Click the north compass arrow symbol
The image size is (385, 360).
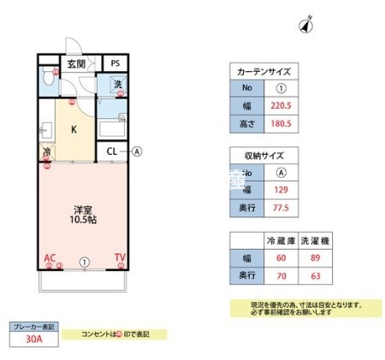click(x=305, y=25)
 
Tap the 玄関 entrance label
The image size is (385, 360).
click(x=76, y=64)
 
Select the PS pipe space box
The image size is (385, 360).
click(x=114, y=63)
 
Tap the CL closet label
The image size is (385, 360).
click(x=111, y=152)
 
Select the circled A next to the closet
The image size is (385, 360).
click(x=136, y=152)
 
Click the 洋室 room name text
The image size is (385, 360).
click(x=81, y=208)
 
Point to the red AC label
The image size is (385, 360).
click(x=50, y=257)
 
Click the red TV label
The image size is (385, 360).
click(x=120, y=257)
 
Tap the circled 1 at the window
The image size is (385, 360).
click(x=84, y=262)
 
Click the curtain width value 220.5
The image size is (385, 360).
click(x=280, y=107)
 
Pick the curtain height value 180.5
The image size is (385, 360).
click(x=280, y=125)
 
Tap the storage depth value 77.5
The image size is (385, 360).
click(x=280, y=208)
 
